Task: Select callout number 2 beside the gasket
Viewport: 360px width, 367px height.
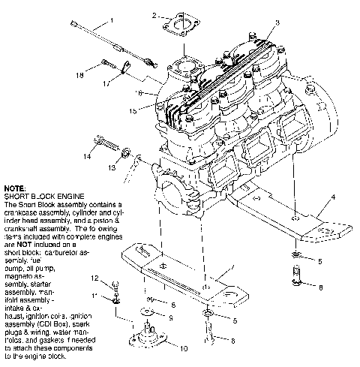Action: coord(154,16)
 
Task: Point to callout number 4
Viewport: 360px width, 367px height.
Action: coord(331,200)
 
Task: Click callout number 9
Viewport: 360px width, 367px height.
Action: coord(172,317)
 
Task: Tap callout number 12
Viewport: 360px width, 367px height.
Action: coord(116,278)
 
